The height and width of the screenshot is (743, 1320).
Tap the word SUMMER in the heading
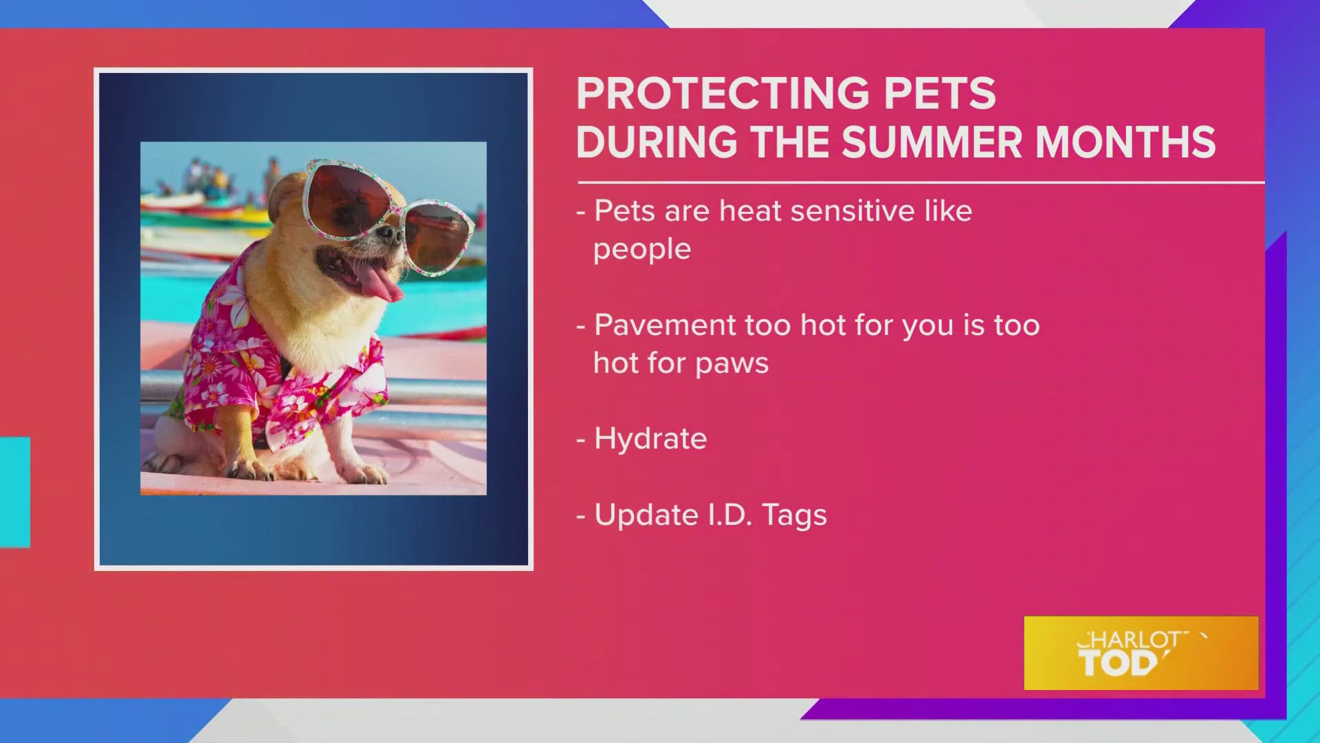click(x=932, y=142)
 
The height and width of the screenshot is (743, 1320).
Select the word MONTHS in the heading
click(x=1125, y=142)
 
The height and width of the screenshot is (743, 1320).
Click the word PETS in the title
click(x=939, y=94)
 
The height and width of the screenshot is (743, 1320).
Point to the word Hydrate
click(x=650, y=439)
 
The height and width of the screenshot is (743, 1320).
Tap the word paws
click(x=731, y=364)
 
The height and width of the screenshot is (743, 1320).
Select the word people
click(x=641, y=250)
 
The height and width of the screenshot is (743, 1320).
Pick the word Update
click(x=646, y=516)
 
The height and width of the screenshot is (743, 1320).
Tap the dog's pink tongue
click(x=377, y=283)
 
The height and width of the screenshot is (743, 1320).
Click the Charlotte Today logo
click(x=1141, y=653)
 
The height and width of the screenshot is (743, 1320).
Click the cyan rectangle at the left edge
click(x=14, y=492)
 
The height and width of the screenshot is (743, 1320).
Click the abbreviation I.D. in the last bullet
click(x=730, y=516)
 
